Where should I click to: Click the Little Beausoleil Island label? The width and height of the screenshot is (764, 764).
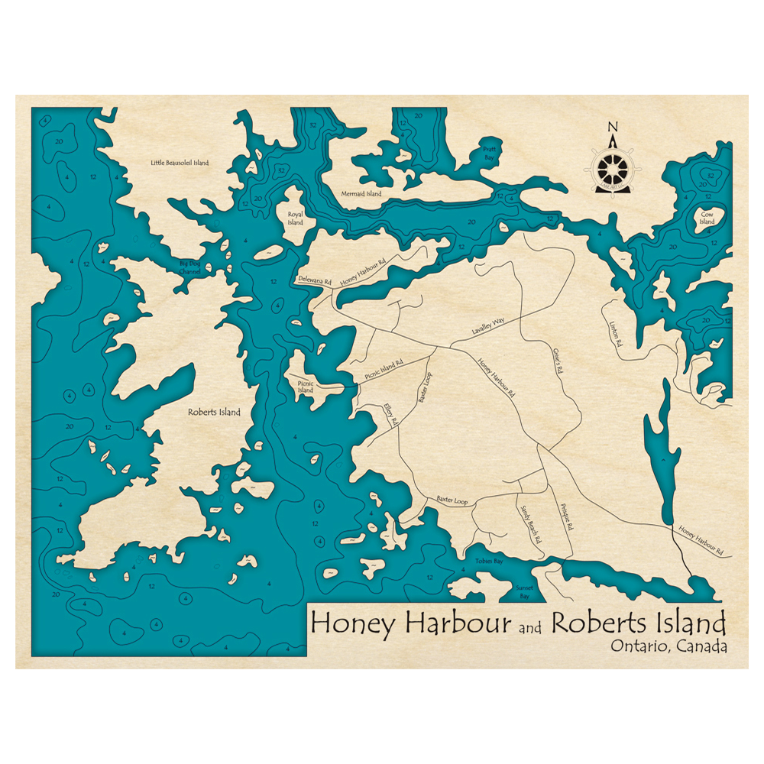coord(180,163)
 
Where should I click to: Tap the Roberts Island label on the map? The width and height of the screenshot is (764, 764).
coord(214,412)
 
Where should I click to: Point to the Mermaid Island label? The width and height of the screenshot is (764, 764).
coord(361,194)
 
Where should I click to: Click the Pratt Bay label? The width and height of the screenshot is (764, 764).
coord(489,152)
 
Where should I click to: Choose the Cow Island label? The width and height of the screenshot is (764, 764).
coord(707,219)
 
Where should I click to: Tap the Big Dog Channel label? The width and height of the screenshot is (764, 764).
coord(189,267)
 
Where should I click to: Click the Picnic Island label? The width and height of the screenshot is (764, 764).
coord(306,386)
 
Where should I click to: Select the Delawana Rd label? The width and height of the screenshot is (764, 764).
coord(315,280)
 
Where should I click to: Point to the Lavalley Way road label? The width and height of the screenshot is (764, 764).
coord(488,329)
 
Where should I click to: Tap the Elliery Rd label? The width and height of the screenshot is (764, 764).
coord(392,414)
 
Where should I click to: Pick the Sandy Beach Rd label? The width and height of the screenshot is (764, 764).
coord(531,524)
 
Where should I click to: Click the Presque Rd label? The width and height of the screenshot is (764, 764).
coord(566,517)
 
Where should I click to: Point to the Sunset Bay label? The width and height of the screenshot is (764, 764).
coord(524,593)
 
